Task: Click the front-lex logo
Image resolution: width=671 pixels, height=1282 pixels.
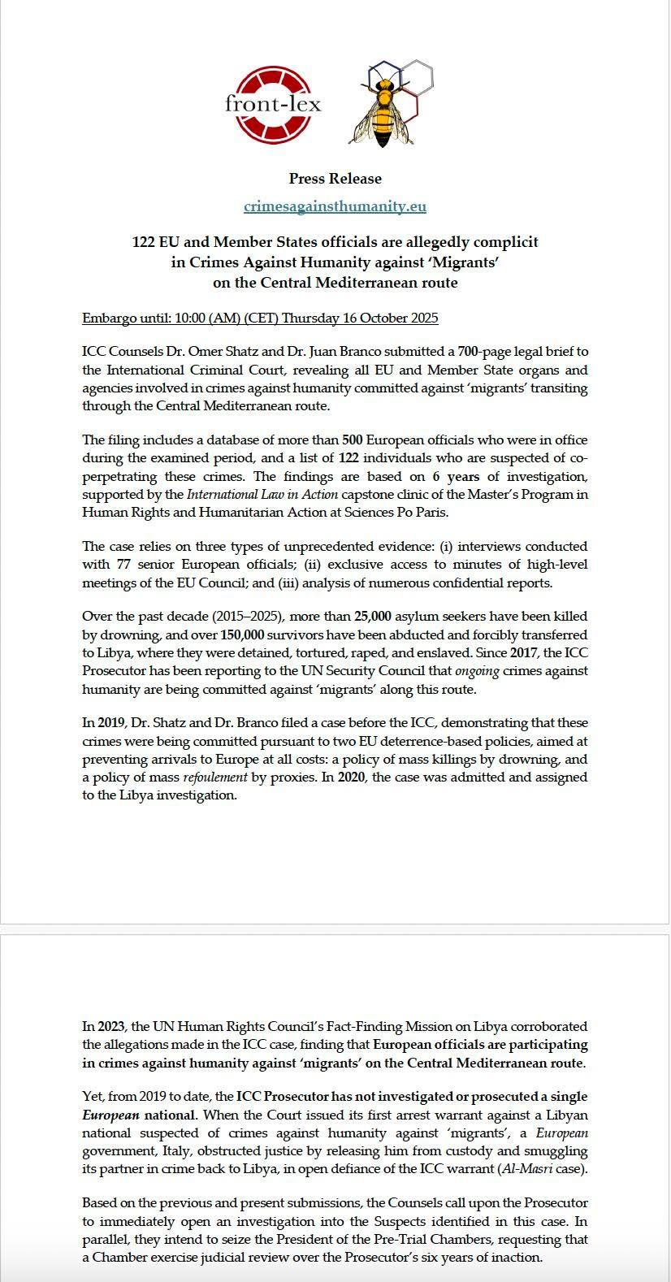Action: [x=273, y=104]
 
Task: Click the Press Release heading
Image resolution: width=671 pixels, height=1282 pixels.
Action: [x=335, y=179]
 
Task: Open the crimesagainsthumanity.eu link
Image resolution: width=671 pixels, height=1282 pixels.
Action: [x=335, y=206]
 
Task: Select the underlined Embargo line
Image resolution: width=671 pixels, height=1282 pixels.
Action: [x=260, y=318]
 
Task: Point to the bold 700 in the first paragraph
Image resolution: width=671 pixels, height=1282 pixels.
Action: [x=468, y=352]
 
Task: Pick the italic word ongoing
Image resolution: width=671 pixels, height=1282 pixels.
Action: [x=477, y=671]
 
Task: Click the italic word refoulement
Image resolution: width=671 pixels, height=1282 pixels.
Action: [x=214, y=777]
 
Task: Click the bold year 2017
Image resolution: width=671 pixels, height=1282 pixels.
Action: [x=524, y=653]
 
